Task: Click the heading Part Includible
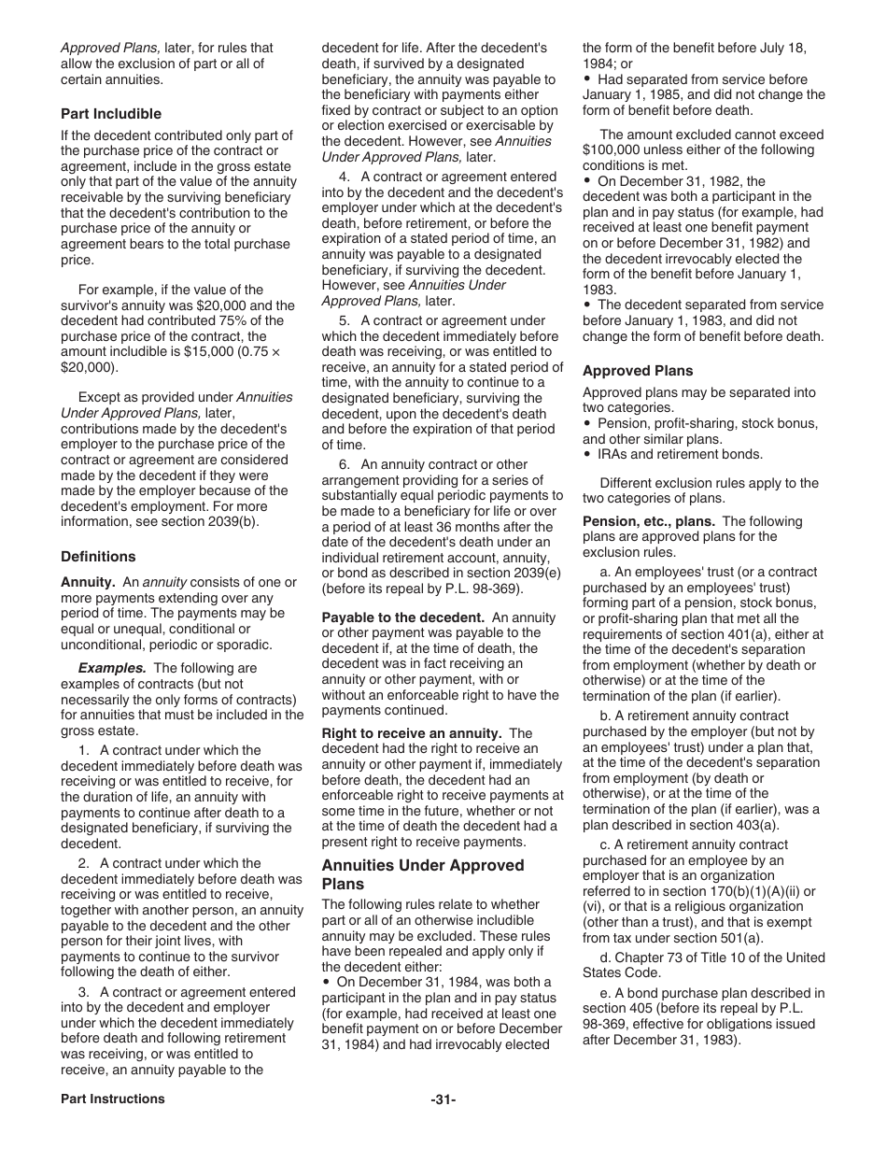coord(111,114)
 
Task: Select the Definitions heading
coord(98,557)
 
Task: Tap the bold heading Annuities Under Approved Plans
coord(410,874)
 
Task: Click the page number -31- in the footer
coord(443,1099)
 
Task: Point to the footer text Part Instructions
coord(113,1099)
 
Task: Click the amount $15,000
coord(220,352)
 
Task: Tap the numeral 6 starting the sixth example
coord(344,464)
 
